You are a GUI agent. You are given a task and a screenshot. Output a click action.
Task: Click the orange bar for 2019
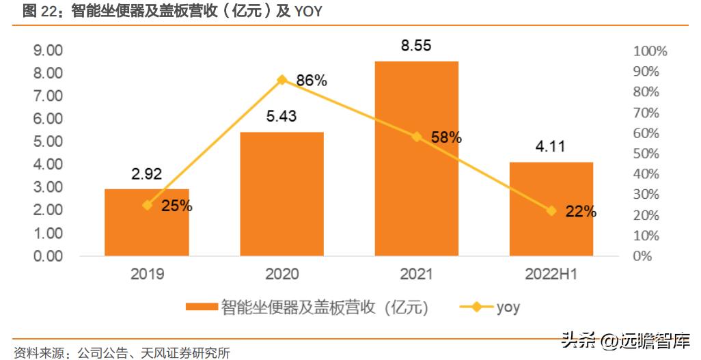click(146, 223)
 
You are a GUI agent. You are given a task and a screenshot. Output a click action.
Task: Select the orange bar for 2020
click(281, 194)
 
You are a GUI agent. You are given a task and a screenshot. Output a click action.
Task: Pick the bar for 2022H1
click(551, 209)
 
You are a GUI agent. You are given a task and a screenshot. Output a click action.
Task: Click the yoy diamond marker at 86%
click(281, 80)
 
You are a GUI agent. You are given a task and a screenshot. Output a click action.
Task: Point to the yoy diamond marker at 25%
click(147, 205)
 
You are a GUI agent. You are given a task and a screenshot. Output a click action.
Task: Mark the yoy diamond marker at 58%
click(416, 137)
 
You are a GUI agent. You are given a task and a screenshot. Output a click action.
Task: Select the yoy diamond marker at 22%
click(551, 211)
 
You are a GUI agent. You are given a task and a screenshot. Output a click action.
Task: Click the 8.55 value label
click(416, 46)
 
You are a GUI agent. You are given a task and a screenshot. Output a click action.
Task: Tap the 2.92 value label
click(146, 174)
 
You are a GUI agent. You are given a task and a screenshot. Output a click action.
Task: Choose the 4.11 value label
click(551, 146)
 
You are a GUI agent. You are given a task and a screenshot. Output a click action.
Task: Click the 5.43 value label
click(281, 117)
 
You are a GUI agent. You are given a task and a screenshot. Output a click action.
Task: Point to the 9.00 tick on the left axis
click(49, 51)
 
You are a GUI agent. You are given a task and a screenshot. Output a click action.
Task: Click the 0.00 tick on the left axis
click(49, 256)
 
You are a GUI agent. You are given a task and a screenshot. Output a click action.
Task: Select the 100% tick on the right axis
click(650, 51)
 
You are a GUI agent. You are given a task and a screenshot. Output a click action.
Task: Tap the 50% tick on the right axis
click(646, 154)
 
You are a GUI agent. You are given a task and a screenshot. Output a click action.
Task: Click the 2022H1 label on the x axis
click(551, 275)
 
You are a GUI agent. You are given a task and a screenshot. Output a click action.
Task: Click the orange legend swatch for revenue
click(202, 307)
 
